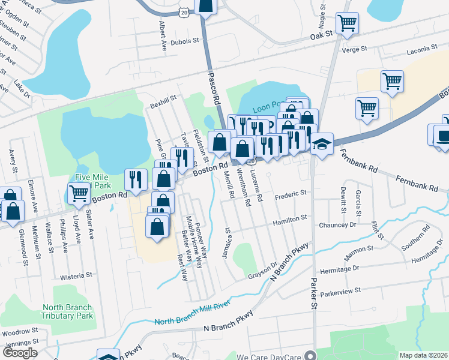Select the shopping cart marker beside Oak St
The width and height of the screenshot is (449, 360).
tap(347, 24)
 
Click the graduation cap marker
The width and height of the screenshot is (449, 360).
tap(322, 144)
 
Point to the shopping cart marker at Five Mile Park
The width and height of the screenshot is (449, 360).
tap(79, 193)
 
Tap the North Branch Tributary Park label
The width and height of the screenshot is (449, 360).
tap(68, 311)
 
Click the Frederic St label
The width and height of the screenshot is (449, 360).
tap(291, 194)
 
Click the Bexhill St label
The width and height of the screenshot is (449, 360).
tap(164, 98)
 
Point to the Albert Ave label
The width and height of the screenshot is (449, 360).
tap(162, 36)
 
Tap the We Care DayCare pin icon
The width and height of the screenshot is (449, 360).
tap(310, 355)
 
